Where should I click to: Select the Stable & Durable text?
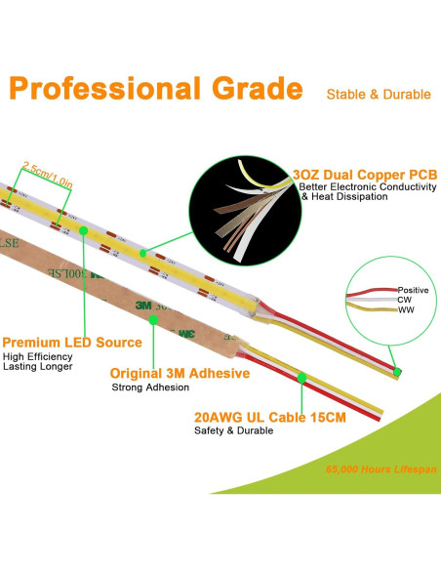coord(379,95)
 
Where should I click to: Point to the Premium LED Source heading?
coord(72,343)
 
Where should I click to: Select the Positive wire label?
coord(413,290)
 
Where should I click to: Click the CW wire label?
coord(404,300)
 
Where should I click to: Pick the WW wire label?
coord(405,309)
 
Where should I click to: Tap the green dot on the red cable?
coord(302,377)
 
